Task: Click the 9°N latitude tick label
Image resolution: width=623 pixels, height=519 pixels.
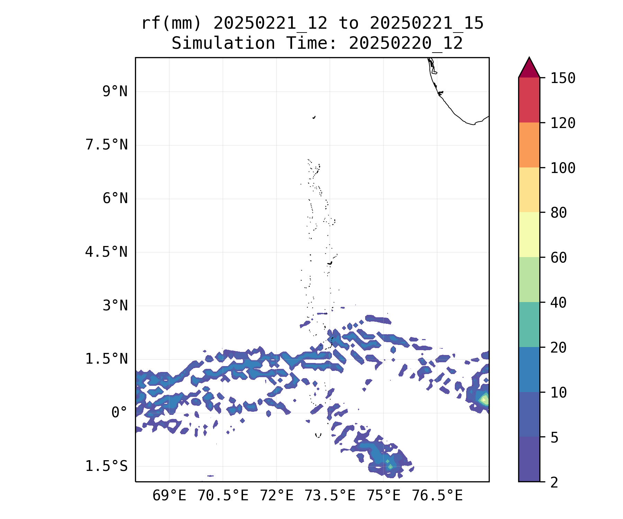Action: (x=115, y=92)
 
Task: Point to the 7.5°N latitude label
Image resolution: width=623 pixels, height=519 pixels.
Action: (x=107, y=145)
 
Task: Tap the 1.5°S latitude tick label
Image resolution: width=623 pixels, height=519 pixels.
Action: (x=107, y=466)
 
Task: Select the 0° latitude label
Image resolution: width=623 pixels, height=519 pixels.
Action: (x=119, y=413)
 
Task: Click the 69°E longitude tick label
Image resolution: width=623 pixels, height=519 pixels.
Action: (x=169, y=496)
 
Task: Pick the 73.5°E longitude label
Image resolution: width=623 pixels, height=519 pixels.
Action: (x=330, y=496)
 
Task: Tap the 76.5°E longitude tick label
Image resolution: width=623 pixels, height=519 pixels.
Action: (x=437, y=496)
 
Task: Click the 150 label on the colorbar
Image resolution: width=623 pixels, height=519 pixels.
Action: (x=563, y=78)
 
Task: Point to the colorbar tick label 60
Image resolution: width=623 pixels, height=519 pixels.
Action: (x=559, y=257)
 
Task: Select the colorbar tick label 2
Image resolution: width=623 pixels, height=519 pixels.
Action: (x=554, y=482)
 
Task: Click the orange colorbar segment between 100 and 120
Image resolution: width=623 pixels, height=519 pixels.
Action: (x=529, y=145)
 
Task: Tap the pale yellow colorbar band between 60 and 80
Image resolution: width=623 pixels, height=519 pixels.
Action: (x=529, y=235)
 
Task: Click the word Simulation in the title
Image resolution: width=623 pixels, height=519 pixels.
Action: (x=223, y=44)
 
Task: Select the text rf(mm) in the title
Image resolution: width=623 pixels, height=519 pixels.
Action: (x=171, y=24)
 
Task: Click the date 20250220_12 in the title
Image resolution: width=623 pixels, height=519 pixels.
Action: (x=406, y=44)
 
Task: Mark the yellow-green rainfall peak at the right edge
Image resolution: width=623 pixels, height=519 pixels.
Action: (x=485, y=400)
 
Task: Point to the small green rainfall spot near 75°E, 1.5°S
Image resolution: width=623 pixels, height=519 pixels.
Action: (x=390, y=466)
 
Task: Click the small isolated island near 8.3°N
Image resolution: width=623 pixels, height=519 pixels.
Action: (x=314, y=117)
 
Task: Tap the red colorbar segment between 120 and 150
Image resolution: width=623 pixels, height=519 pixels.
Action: (x=529, y=100)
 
